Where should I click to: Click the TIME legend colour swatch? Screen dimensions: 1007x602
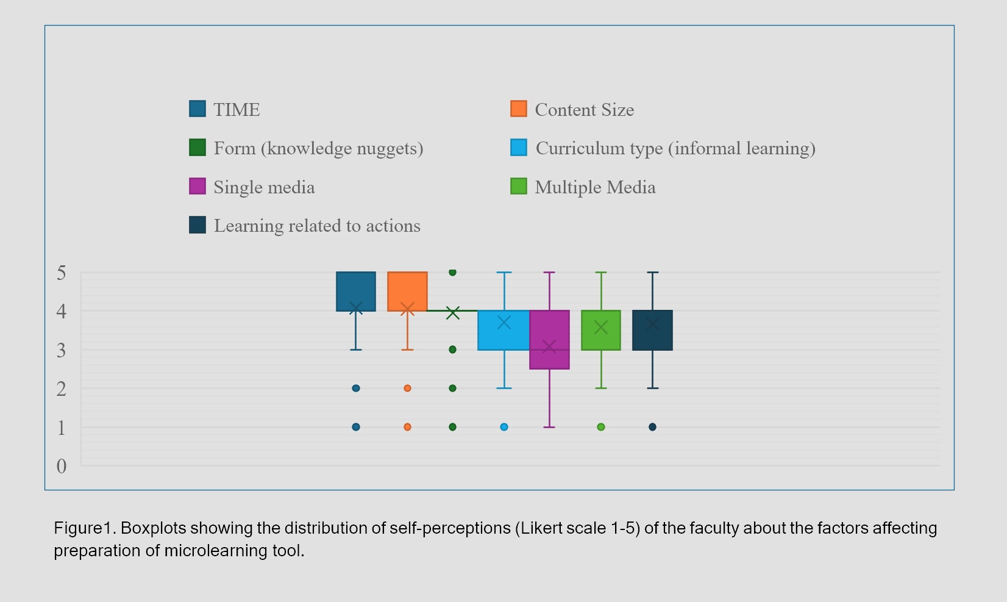[197, 109]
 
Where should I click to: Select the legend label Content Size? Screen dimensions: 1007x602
[585, 110]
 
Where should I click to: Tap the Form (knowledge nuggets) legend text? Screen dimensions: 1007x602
[318, 148]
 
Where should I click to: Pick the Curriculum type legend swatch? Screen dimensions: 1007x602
[519, 148]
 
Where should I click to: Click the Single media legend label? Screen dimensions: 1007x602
[265, 187]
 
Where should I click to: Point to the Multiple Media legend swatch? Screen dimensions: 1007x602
[519, 186]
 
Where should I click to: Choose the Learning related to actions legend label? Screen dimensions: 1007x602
[317, 226]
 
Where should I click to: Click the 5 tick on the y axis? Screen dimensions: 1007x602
[61, 273]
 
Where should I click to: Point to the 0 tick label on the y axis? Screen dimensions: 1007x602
[61, 466]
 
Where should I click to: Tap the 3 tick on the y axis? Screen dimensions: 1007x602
[61, 350]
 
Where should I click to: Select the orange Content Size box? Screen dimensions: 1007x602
[407, 292]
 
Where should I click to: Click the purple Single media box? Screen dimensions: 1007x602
[549, 340]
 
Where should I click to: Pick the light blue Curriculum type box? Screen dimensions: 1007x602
[504, 330]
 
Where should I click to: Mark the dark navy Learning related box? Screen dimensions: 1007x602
[652, 330]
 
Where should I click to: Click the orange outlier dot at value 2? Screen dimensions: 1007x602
[407, 389]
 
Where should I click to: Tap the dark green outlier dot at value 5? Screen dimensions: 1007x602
[453, 272]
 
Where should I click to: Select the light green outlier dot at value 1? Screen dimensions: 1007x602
[601, 427]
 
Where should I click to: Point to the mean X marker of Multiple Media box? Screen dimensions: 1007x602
[601, 328]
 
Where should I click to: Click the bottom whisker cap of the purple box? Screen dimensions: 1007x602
[549, 427]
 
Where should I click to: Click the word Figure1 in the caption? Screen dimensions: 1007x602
[85, 528]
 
